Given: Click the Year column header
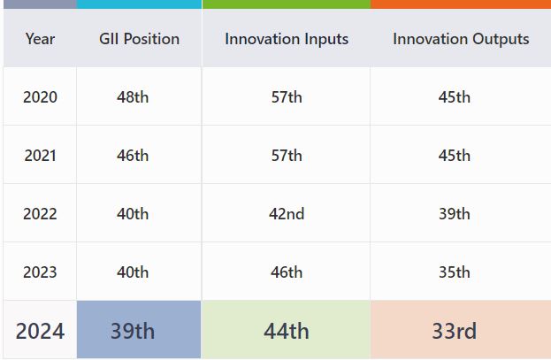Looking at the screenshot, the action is tap(40, 39).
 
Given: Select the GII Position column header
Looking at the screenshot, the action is tap(139, 39).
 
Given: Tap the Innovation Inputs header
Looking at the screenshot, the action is tap(287, 40).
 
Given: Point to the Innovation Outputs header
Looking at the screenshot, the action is tap(461, 40).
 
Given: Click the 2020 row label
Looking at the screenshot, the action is tap(40, 97).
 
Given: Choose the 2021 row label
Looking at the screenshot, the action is tap(40, 156).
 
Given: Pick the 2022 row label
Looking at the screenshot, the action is tap(40, 214).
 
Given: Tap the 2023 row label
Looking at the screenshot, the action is tap(40, 272).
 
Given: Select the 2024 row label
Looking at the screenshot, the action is tap(40, 331).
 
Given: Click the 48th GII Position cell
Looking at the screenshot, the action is tap(133, 97).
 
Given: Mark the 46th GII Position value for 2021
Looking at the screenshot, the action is tap(133, 156).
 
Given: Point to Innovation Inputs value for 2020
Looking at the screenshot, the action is tap(287, 97).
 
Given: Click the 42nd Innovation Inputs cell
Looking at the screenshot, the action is tap(287, 214).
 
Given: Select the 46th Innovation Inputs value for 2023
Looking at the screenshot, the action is tap(287, 272).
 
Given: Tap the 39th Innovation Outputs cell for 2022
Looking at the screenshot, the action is tap(454, 214).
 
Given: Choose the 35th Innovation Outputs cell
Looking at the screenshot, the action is tap(454, 272).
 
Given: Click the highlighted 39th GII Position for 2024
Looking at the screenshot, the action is tap(133, 331).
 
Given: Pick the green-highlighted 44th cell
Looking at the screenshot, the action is tap(287, 331).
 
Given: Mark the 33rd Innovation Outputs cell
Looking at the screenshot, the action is tap(454, 331).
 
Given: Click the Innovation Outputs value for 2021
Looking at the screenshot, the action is tap(454, 156).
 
